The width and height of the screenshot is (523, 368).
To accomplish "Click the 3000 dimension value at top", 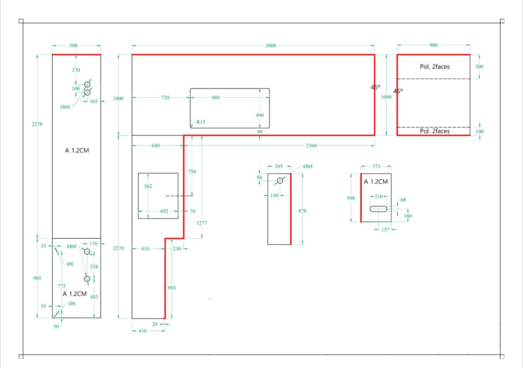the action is (270, 46).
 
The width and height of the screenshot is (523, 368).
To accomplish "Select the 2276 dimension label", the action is (37, 124).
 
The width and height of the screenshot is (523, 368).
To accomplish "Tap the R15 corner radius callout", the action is (201, 122).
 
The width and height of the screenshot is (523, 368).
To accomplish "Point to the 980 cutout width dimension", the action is (215, 98).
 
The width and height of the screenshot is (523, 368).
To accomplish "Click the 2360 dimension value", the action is (311, 146).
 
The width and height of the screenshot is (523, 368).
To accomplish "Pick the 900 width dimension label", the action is (434, 45).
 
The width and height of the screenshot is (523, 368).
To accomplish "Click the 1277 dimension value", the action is (201, 223).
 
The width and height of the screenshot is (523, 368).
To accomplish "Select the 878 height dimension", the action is (302, 211).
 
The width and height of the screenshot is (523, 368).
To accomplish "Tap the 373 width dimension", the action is (376, 166).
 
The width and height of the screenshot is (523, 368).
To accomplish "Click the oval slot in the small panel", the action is (378, 209).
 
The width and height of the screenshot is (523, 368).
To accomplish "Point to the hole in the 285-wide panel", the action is (280, 181).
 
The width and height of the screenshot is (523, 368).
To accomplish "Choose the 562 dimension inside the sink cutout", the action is (148, 186).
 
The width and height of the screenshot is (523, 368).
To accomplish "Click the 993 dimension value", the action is (172, 288).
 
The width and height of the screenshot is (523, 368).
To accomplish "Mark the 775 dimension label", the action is (62, 286).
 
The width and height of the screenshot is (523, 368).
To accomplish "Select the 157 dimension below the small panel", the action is (385, 229).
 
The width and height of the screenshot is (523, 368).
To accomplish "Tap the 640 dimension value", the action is (155, 146).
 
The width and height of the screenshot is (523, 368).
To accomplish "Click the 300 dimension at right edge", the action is (479, 66).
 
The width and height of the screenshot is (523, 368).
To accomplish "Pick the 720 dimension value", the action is (165, 98).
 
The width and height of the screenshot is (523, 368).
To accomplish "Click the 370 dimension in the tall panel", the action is (76, 70).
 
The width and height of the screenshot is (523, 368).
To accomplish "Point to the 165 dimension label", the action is (94, 101).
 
